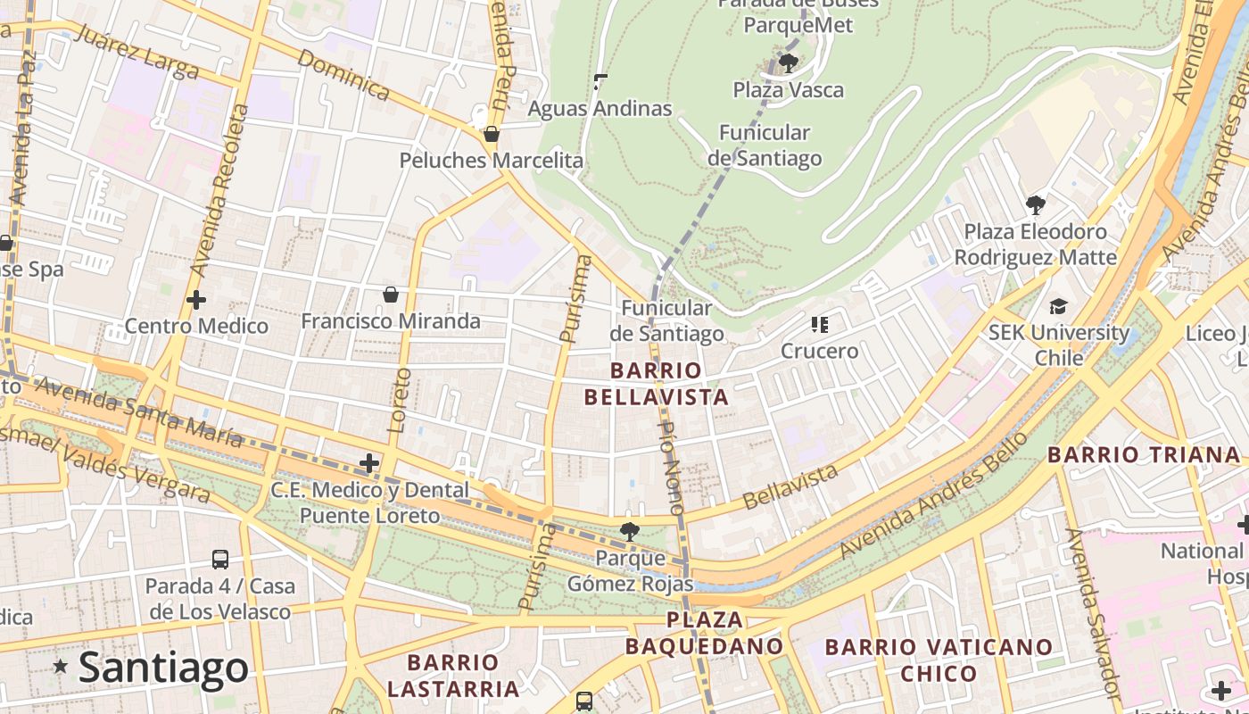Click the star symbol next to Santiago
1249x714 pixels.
(x=61, y=666)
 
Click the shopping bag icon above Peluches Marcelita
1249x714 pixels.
(x=491, y=135)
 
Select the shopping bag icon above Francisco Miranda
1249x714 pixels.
(x=390, y=295)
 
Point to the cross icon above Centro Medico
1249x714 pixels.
(x=196, y=300)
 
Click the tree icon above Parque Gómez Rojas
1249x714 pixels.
(x=629, y=532)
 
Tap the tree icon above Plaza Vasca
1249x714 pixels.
(x=788, y=62)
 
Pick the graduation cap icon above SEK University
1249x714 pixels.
(x=1058, y=306)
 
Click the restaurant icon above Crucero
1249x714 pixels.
(x=819, y=324)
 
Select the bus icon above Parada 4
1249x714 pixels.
(x=220, y=560)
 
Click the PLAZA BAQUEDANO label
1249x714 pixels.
(x=705, y=633)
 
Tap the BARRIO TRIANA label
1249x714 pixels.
(x=1144, y=454)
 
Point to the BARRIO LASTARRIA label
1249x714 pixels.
(x=453, y=676)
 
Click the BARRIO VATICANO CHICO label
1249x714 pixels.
(x=939, y=660)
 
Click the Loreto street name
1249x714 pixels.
(x=399, y=400)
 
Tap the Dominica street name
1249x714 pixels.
(x=343, y=74)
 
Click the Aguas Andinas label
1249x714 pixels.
(x=600, y=109)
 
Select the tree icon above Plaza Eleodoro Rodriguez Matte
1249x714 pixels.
(x=1035, y=205)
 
